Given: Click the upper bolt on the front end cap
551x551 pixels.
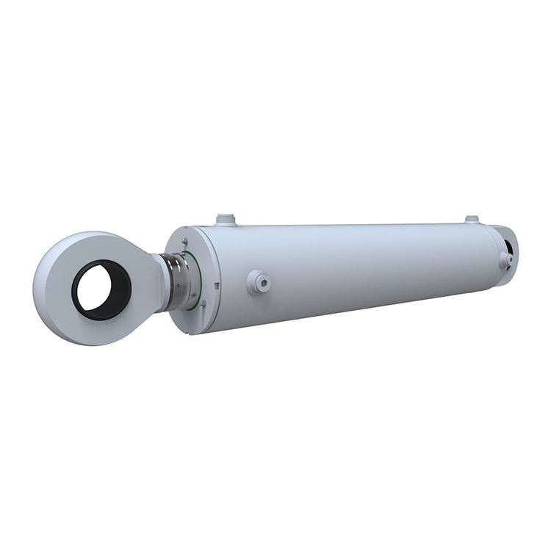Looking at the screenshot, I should click(184, 241).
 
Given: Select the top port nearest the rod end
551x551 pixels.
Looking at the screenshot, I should click(226, 219).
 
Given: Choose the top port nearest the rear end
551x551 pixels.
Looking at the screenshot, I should click(472, 219).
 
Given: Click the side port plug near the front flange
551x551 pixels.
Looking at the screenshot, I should click(259, 281).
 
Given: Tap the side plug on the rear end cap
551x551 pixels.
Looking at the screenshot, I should click(505, 259).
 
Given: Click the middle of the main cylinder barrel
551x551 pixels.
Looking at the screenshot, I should click(353, 264).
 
